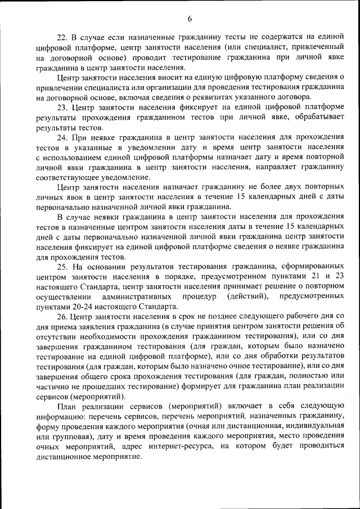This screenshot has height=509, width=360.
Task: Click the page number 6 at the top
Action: tap(190, 19)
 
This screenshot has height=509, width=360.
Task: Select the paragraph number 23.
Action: tap(63, 107)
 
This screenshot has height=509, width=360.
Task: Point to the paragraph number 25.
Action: tap(63, 266)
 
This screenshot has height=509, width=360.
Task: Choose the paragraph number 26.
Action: tap(63, 316)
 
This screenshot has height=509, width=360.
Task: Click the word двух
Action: tap(285, 186)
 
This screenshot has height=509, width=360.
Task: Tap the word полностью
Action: tap(311, 376)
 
